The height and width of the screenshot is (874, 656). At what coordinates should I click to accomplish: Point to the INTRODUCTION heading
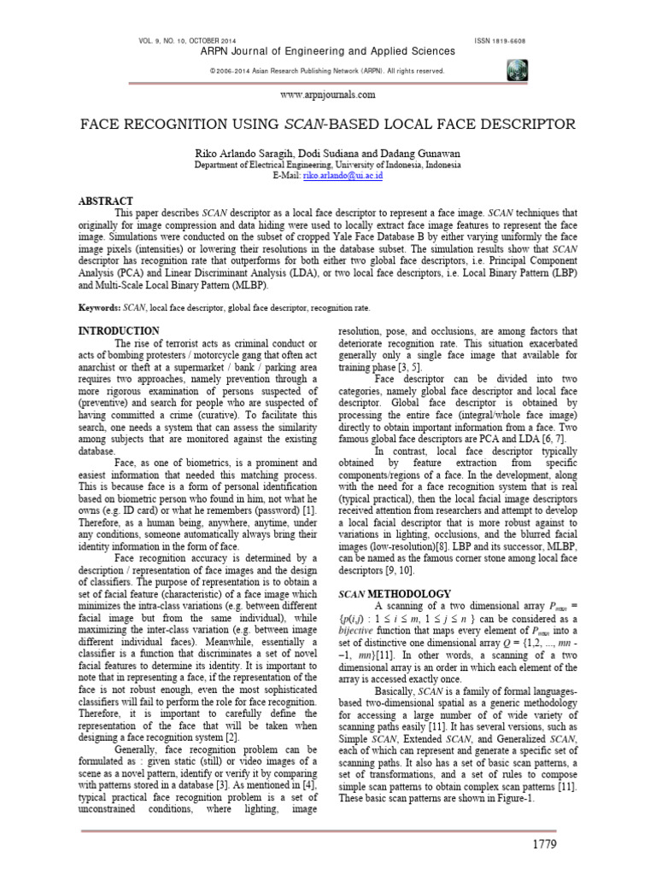pyautogui.click(x=119, y=330)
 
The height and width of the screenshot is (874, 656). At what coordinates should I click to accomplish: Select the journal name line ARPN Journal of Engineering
pyautogui.click(x=327, y=52)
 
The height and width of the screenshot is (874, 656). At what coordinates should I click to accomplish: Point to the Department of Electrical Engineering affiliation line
pyautogui.click(x=327, y=164)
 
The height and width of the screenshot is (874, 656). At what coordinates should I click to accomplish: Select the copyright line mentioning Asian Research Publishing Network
pyautogui.click(x=327, y=71)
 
